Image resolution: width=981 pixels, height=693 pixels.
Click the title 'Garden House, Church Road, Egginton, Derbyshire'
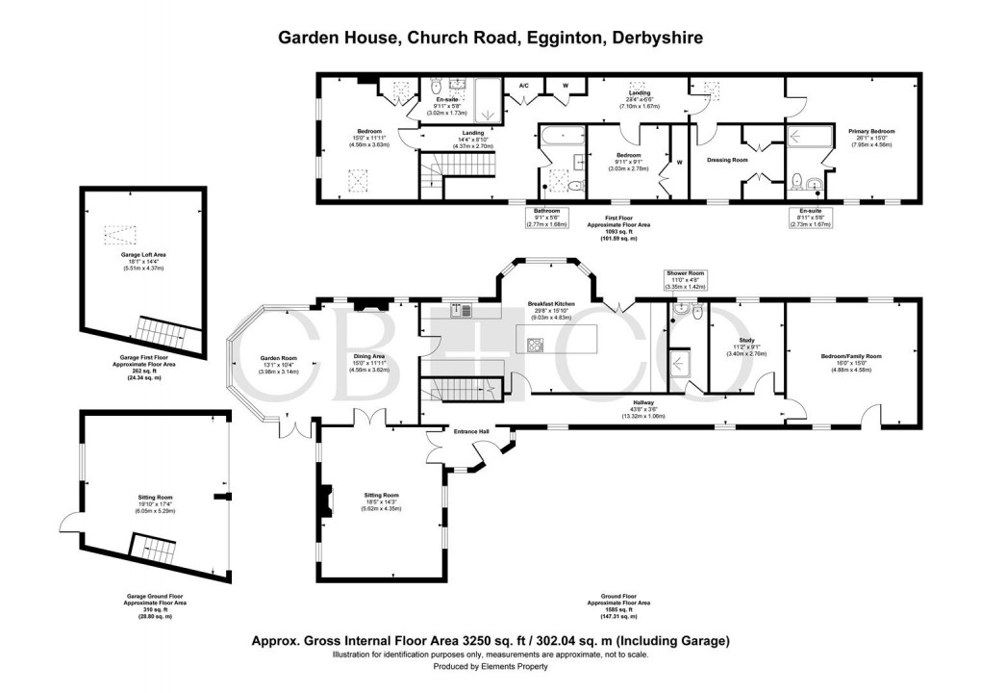[x=490, y=38]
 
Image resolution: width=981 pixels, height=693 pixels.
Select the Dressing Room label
[x=726, y=160]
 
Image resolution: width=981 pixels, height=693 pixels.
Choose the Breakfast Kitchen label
[x=551, y=304]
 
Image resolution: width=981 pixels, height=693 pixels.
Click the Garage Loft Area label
[x=143, y=255]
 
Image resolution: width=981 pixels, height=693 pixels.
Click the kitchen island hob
[x=535, y=345]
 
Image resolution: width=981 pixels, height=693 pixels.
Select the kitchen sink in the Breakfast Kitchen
[x=464, y=309]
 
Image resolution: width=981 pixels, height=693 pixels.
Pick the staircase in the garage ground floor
[x=151, y=550]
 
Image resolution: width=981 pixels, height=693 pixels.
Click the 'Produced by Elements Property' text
[x=490, y=666]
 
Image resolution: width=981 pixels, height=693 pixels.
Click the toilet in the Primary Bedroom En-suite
[x=796, y=179]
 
